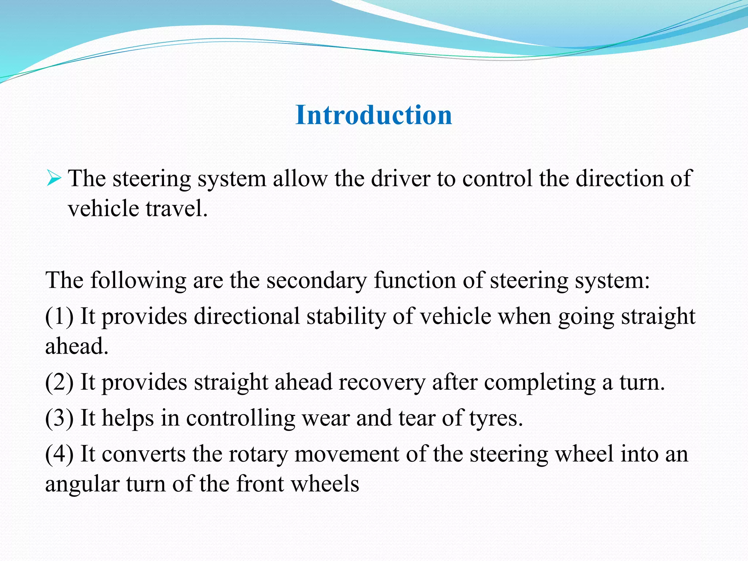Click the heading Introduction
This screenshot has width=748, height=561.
[x=374, y=115]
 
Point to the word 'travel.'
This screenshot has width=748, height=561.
[x=177, y=209]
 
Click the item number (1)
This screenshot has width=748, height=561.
[x=59, y=316]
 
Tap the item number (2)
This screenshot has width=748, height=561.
[x=59, y=382]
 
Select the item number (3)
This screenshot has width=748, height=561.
[x=59, y=418]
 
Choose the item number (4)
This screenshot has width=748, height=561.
[x=59, y=454]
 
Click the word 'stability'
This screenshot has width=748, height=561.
[x=346, y=316]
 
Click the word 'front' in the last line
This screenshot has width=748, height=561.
[x=260, y=484]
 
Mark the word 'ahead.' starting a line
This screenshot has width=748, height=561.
[x=77, y=346]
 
